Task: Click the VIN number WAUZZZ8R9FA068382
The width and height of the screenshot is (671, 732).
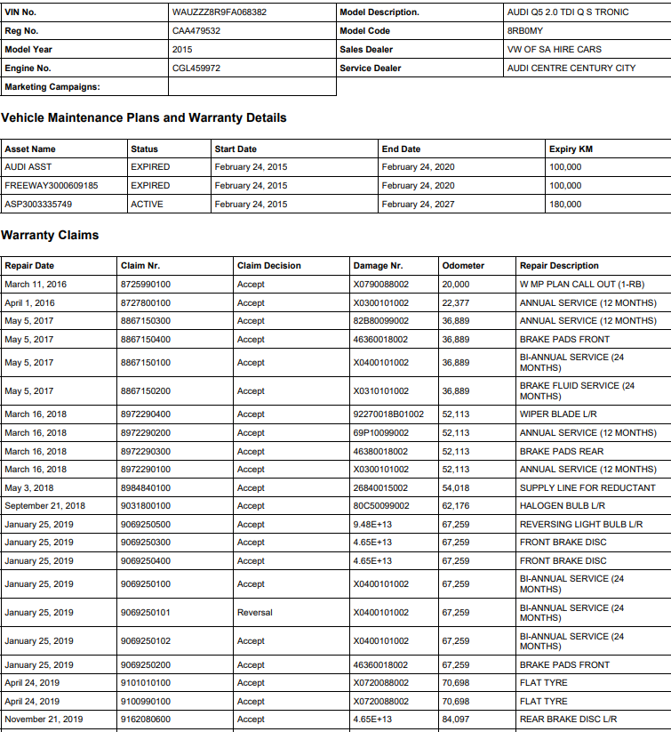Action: pos(220,12)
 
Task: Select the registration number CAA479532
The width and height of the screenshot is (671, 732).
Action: pos(196,31)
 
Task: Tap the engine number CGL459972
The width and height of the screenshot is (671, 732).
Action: pos(196,68)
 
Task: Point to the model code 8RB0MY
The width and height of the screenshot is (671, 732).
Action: pos(527,31)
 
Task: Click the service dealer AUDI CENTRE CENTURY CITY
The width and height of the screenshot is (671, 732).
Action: pos(571,68)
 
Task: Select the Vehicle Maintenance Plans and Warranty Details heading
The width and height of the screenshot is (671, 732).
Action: pos(144,117)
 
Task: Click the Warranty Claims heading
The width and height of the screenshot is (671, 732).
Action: pos(50,235)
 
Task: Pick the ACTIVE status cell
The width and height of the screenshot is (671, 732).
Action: pos(147,205)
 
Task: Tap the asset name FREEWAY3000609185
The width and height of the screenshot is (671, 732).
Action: pos(52,186)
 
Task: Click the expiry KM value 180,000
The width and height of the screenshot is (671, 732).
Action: pos(565,205)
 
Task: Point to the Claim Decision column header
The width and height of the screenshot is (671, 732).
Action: pos(269,266)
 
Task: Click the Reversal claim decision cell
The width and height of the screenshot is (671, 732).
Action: pos(255,613)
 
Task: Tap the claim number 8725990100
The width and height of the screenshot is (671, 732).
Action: pos(146,285)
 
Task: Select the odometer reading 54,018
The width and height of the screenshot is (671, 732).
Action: pos(456,488)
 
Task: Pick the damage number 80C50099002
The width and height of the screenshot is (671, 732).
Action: pos(381,506)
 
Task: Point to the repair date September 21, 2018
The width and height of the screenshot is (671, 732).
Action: pos(44,506)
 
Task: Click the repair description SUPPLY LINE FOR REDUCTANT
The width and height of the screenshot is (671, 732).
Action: pos(587,488)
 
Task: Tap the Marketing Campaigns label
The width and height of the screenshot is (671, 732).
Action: pos(52,87)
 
